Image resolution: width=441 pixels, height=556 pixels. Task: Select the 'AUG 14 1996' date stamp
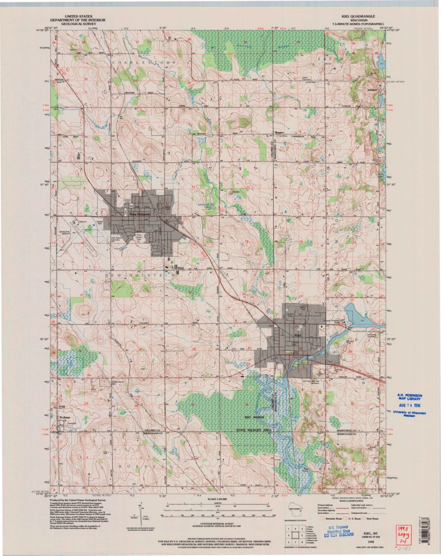414,405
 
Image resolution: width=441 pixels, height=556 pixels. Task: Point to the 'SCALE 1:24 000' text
220,499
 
